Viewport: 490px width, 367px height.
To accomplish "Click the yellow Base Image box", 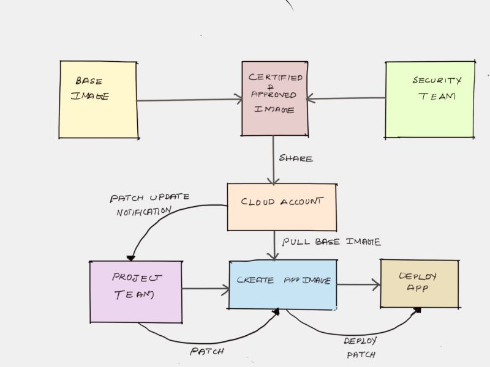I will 98,100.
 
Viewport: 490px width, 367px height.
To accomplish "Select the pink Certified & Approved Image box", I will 274,98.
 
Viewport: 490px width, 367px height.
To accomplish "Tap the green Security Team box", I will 430,99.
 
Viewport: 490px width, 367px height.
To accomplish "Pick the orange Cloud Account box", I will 282,207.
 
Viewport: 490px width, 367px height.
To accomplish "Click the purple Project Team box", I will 136,291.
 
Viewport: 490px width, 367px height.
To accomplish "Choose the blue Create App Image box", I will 282,284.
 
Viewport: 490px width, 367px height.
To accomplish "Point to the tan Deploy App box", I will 419,283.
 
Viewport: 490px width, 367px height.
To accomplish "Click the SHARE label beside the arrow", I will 296,158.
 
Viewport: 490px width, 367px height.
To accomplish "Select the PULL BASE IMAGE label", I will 331,242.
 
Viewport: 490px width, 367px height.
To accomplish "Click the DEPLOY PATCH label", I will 361,347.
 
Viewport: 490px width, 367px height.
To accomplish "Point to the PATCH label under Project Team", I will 206,352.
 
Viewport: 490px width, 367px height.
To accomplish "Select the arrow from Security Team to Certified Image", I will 346,98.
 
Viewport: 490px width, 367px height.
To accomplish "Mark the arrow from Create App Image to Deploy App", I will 358,284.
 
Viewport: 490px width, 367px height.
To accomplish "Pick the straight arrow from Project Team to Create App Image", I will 205,288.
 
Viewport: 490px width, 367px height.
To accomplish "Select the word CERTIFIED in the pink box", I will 275,78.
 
